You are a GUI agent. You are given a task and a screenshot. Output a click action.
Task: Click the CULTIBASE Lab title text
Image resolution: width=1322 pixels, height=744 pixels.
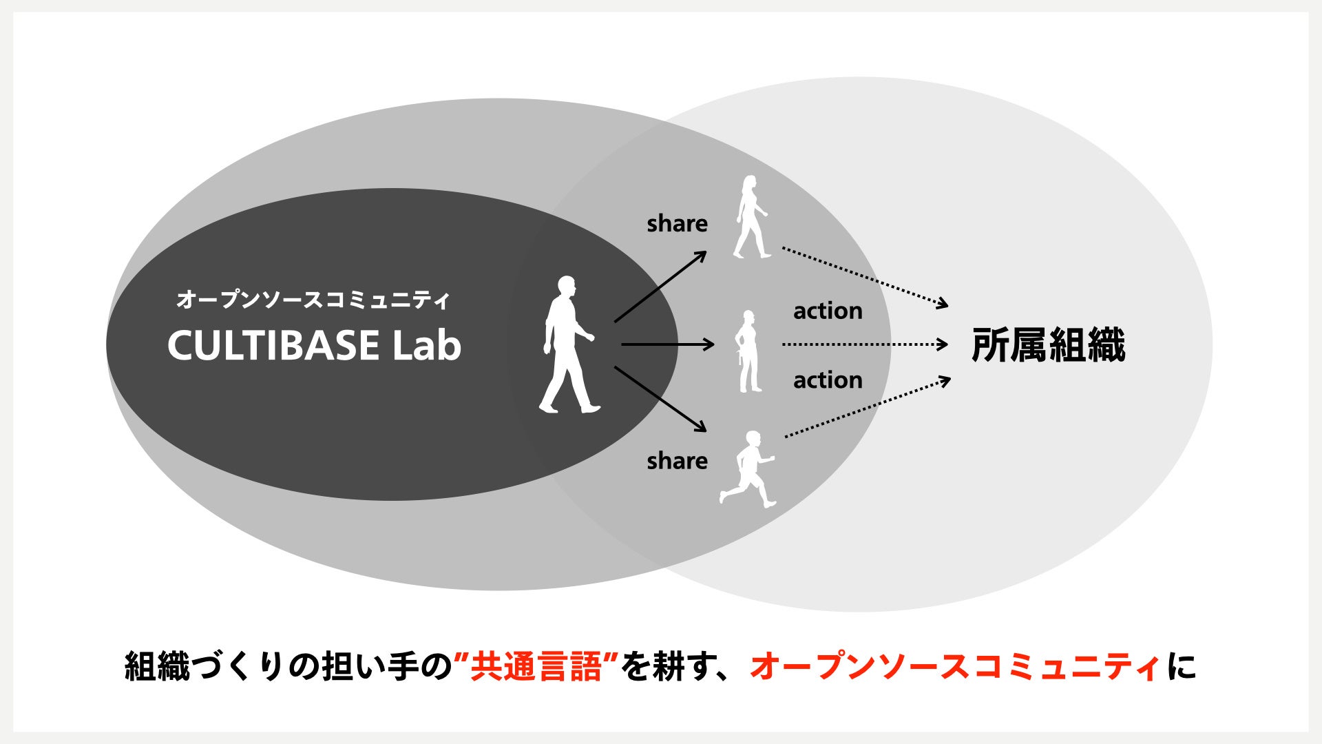coord(314,345)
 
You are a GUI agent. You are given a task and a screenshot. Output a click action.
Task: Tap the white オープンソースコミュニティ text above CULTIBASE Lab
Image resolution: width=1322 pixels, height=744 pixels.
coord(313,300)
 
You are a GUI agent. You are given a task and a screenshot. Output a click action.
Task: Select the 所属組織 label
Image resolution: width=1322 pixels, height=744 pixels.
coord(1047,345)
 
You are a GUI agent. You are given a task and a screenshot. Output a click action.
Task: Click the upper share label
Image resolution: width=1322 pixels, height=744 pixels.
coord(677,223)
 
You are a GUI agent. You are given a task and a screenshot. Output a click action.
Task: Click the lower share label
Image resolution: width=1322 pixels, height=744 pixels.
coord(677,461)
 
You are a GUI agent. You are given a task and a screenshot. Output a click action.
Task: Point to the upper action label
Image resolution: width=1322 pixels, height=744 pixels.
coord(828,311)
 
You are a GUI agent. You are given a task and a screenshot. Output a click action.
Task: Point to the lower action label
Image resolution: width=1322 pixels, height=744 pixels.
coord(828,380)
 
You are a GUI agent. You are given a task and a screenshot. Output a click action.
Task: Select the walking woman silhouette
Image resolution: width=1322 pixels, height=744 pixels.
coord(751,217)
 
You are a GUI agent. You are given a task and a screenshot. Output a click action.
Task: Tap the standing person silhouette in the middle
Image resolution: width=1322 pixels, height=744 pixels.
coord(748,351)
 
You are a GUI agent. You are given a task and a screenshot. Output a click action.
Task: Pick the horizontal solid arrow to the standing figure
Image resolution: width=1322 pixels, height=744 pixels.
coord(667,344)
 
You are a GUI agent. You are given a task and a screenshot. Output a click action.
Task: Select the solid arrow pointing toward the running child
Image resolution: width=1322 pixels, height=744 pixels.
coord(660,399)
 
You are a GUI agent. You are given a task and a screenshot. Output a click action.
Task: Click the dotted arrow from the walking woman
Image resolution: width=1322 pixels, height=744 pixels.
coord(865,277)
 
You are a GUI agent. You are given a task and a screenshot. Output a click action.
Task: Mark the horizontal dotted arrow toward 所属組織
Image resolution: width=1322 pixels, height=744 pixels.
coord(865,344)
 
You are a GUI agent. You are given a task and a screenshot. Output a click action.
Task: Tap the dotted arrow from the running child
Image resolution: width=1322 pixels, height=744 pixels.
coord(868,407)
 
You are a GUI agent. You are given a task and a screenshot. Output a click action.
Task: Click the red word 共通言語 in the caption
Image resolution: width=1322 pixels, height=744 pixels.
coord(536,667)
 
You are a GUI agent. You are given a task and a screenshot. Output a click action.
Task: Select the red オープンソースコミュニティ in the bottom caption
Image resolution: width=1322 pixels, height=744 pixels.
coord(954,667)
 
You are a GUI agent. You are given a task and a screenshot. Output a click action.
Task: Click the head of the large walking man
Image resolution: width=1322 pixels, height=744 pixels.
coord(566,285)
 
